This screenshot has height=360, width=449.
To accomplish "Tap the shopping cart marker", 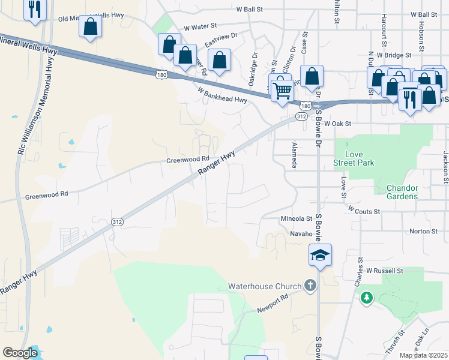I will pyautogui.click(x=282, y=91).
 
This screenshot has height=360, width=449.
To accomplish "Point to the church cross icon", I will pyautogui.click(x=310, y=285).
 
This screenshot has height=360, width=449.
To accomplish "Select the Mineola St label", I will pyautogui.click(x=297, y=219).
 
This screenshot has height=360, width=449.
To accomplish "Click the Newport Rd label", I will pyautogui.click(x=273, y=303).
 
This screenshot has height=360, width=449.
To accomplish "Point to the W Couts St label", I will pyautogui.click(x=364, y=211).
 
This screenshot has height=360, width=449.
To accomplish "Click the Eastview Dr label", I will pyautogui.click(x=221, y=40).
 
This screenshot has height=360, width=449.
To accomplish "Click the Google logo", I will pyautogui.click(x=20, y=353).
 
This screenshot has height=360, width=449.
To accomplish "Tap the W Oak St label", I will pyautogui.click(x=337, y=124).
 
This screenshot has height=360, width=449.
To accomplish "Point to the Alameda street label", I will pyautogui.click(x=294, y=155).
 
